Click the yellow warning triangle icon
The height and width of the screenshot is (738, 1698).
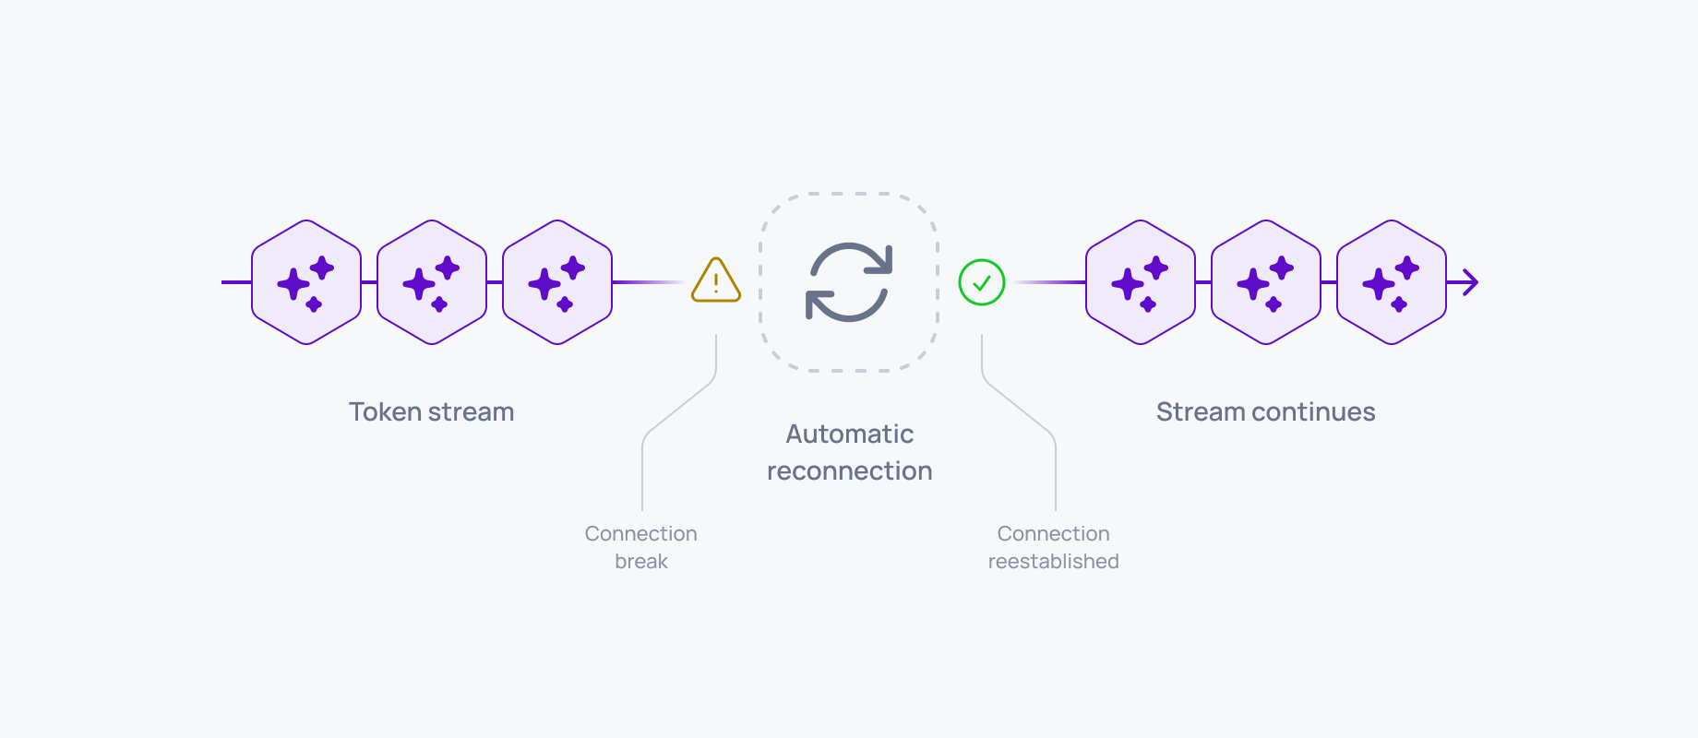(716, 281)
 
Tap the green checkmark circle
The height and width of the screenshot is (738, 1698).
(982, 282)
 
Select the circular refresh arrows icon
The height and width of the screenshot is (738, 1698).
(849, 282)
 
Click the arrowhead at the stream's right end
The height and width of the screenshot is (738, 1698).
(1470, 282)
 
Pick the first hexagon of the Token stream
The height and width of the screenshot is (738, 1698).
(306, 282)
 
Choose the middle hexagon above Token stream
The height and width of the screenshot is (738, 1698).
(432, 282)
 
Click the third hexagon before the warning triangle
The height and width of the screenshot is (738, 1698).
(557, 282)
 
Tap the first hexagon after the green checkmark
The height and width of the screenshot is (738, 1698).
(1141, 282)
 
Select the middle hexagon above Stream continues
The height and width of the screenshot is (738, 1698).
(1266, 282)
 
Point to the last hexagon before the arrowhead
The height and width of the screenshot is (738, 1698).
(1392, 282)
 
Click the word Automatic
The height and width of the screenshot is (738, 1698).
(849, 434)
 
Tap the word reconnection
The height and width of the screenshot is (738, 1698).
(849, 471)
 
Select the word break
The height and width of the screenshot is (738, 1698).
(641, 561)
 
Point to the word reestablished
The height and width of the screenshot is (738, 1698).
(1053, 561)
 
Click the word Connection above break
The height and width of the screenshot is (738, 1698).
(641, 533)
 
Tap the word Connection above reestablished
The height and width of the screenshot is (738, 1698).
(1053, 533)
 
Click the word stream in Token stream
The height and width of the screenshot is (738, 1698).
(471, 411)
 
